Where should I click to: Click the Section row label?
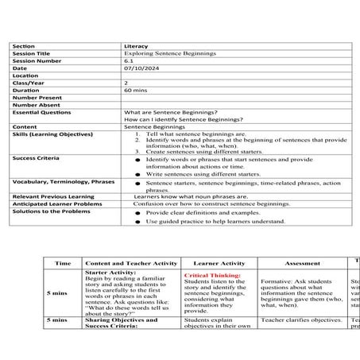(24, 46)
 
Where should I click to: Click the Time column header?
(62, 262)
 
